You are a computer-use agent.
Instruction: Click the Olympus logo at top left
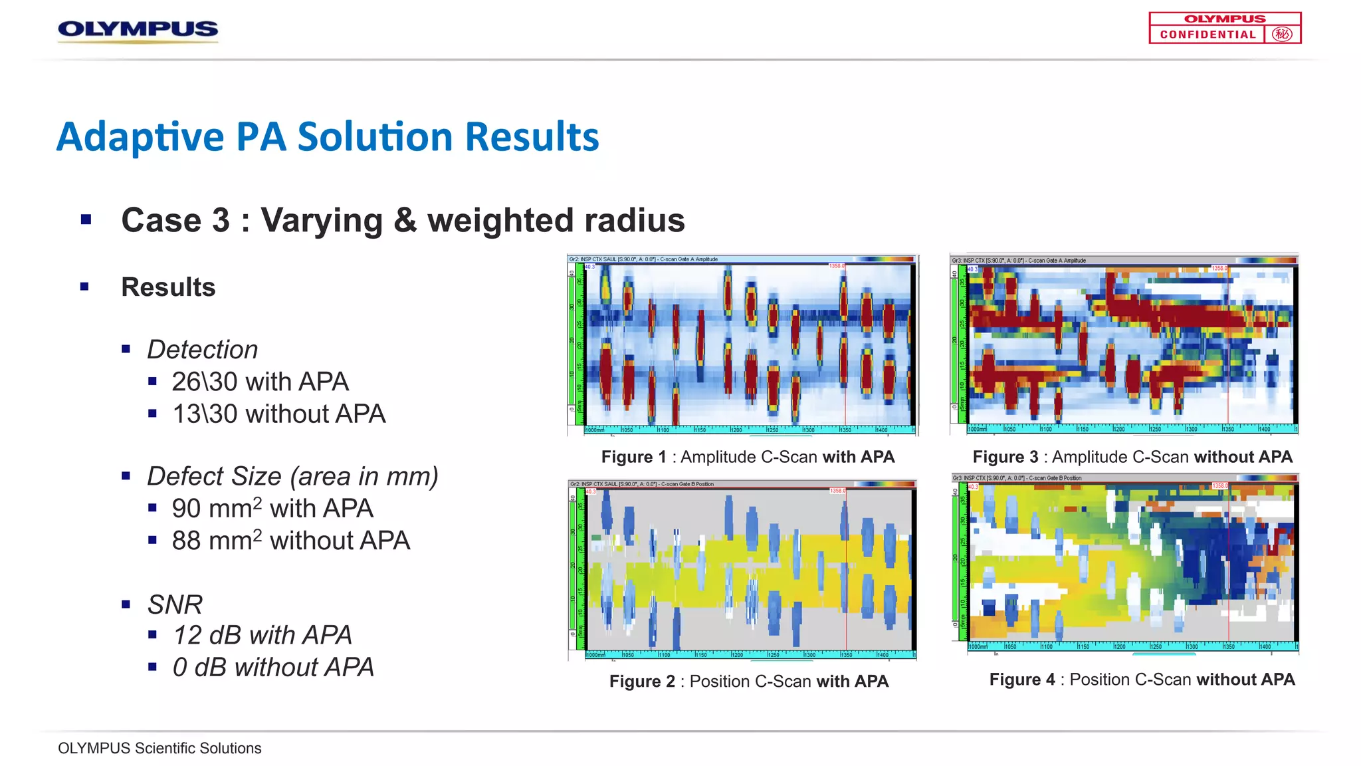click(138, 29)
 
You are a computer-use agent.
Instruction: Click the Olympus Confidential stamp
click(1224, 28)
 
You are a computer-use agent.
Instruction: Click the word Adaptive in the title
click(140, 137)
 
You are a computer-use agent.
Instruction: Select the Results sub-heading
click(168, 287)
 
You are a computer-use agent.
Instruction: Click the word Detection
click(202, 350)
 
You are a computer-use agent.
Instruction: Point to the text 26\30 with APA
click(260, 382)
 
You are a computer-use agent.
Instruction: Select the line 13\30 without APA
click(278, 414)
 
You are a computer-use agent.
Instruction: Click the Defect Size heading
click(292, 476)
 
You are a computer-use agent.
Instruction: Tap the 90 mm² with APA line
click(272, 508)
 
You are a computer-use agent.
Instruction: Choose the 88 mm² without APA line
click(290, 541)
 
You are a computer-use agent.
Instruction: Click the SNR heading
click(174, 604)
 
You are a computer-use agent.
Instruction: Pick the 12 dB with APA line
click(262, 635)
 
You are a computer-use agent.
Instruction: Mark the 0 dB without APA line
click(273, 667)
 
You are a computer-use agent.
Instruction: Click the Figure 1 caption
click(748, 457)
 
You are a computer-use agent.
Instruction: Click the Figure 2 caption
click(748, 681)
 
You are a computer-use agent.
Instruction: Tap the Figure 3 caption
click(1132, 457)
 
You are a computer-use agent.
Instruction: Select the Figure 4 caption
click(1141, 680)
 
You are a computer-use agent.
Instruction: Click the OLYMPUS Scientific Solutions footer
click(159, 748)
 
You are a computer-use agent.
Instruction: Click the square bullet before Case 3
click(86, 219)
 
